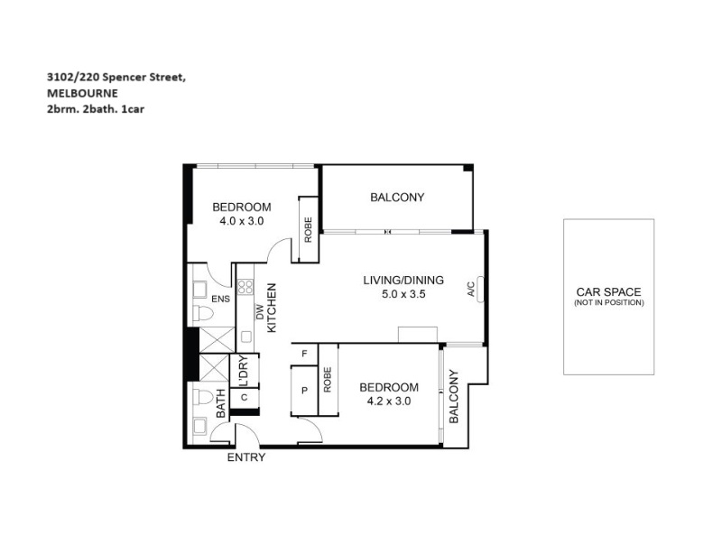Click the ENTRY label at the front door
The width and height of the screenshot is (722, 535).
246,457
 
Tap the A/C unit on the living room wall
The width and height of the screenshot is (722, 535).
480,290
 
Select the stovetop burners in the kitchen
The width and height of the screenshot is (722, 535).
245,287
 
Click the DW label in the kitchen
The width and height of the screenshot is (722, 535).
260,312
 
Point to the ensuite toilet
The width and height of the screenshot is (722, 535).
203,313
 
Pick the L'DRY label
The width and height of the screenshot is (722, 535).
244,371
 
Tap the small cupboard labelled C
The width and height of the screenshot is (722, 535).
244,397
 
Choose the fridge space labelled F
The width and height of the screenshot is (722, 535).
304,354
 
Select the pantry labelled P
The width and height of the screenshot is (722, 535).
304,391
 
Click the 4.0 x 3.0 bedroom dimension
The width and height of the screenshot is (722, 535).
242,221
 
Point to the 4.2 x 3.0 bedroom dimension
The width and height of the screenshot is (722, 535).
389,401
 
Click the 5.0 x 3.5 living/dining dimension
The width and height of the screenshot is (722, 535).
403,294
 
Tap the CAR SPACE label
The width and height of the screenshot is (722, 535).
608,292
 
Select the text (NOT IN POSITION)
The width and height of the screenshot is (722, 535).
608,302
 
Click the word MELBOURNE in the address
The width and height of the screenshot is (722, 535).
82,94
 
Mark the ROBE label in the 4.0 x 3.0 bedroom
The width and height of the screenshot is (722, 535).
308,230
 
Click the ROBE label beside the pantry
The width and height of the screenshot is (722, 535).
328,380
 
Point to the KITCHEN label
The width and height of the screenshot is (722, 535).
272,308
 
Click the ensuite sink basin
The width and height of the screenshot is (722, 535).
199,290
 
